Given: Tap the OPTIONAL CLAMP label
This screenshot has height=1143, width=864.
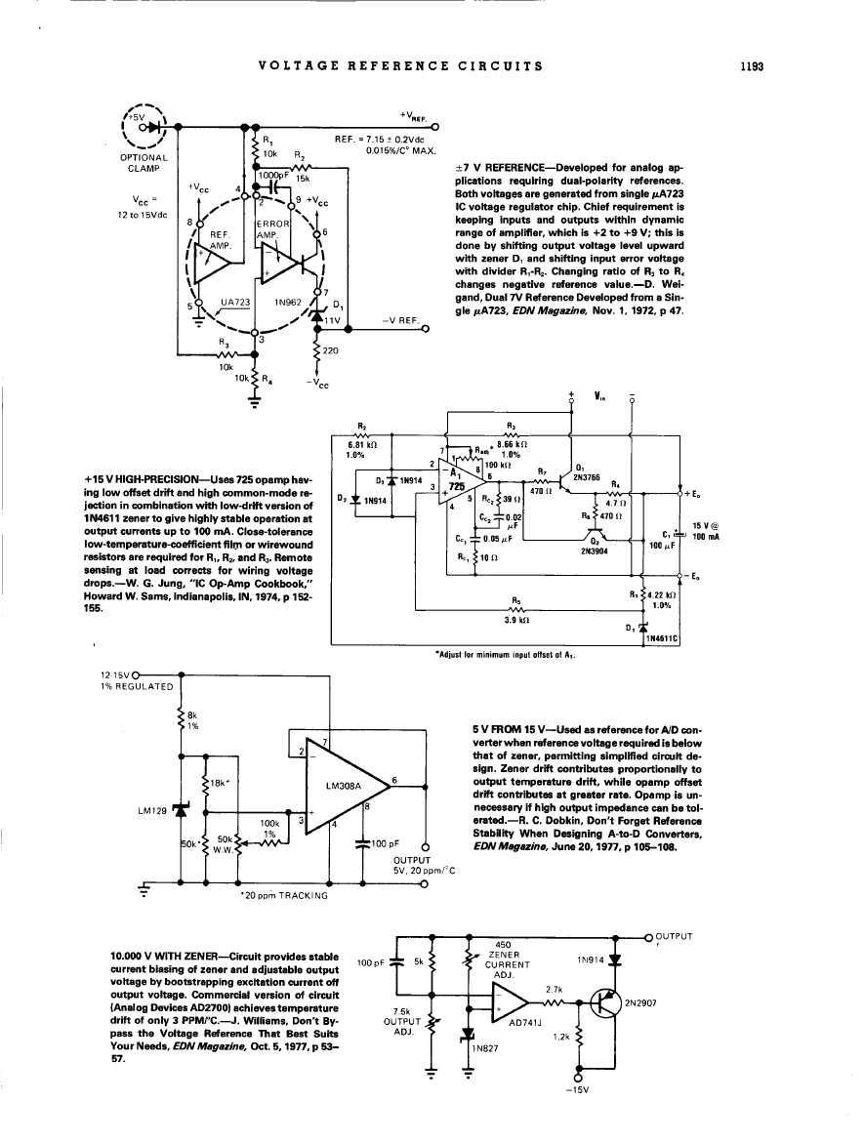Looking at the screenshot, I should click(143, 161).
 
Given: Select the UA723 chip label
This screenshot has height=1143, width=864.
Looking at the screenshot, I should click(236, 304).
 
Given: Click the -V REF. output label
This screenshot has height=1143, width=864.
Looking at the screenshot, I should click(400, 319).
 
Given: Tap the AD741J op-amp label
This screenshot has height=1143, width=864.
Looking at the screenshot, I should click(528, 1024).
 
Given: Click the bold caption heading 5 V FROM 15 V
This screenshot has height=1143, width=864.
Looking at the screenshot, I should click(507, 729).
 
